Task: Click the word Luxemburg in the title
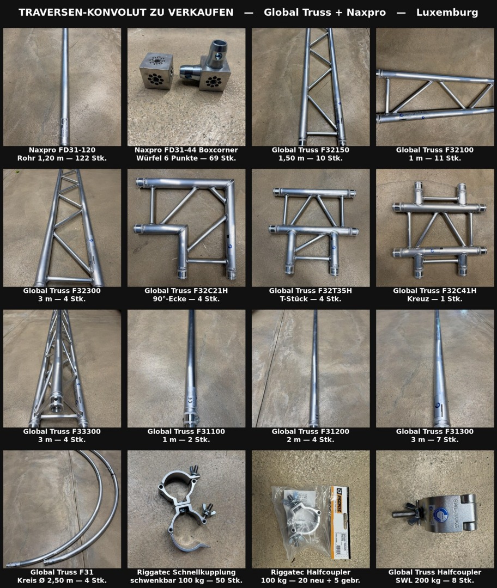[x=447, y=13]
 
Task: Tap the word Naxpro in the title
[x=366, y=13]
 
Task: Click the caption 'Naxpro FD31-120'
[x=62, y=150]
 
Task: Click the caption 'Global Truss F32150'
[x=311, y=150]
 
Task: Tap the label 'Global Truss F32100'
[x=435, y=150]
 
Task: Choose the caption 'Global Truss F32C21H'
[x=186, y=291]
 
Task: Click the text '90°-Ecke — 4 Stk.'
[x=186, y=299]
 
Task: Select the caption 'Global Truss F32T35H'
[x=311, y=291]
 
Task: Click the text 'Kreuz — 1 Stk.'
[x=435, y=299]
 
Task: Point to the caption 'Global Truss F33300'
[x=62, y=431]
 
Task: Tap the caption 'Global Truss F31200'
[x=311, y=431]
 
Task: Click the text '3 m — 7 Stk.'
[x=435, y=439]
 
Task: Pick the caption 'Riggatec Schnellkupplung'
[x=186, y=572]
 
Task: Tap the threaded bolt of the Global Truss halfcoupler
[x=406, y=513]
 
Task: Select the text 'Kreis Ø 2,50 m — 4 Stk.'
[x=62, y=580]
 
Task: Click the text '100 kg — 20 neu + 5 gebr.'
[x=311, y=580]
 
